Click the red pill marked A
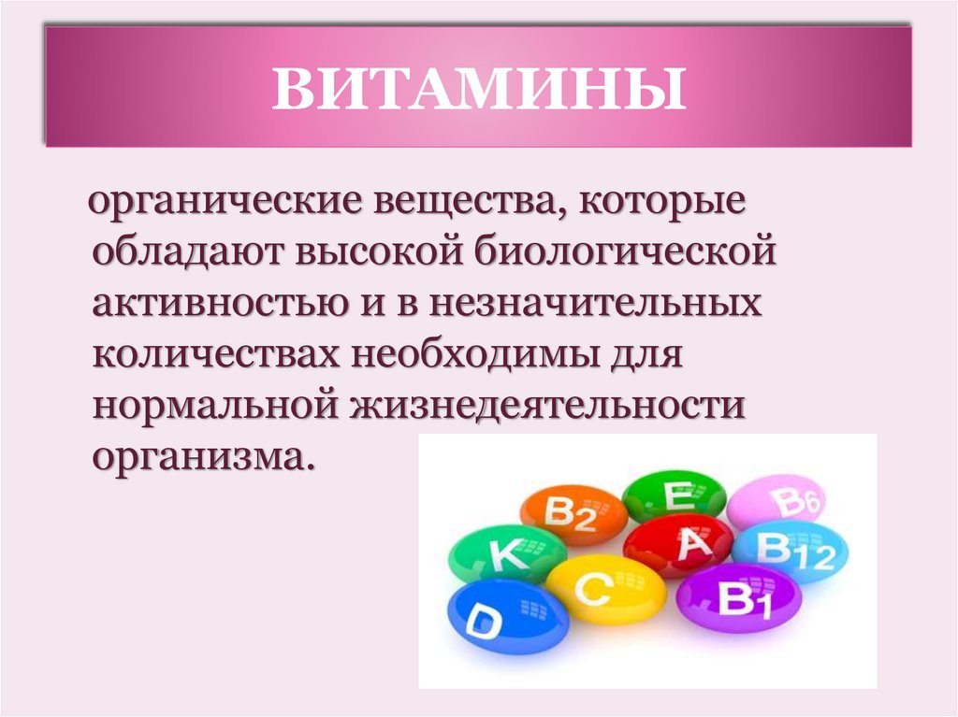pos(678,546)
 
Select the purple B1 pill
pos(738,598)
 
